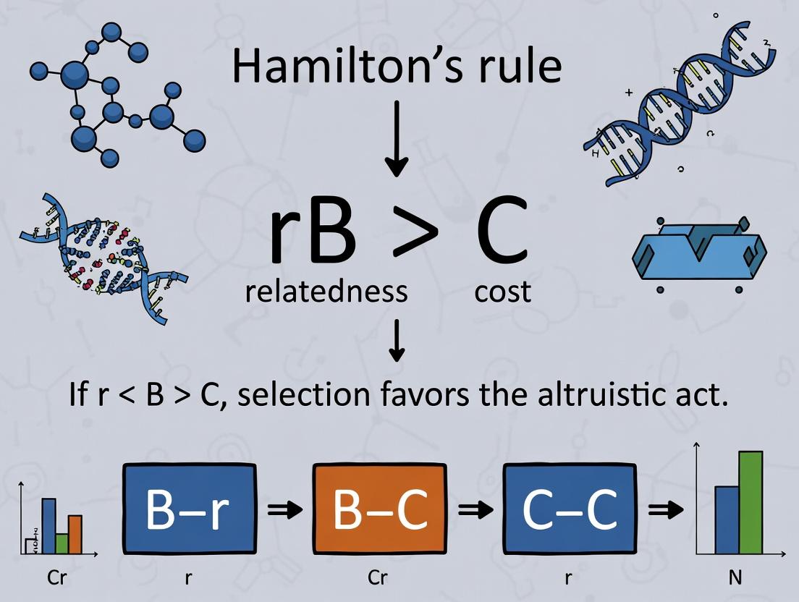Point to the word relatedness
click(326, 292)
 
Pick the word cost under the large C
click(503, 292)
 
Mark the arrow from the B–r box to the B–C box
click(284, 511)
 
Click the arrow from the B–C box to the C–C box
click(475, 511)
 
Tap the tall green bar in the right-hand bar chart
click(751, 502)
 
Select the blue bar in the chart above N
click(727, 519)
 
